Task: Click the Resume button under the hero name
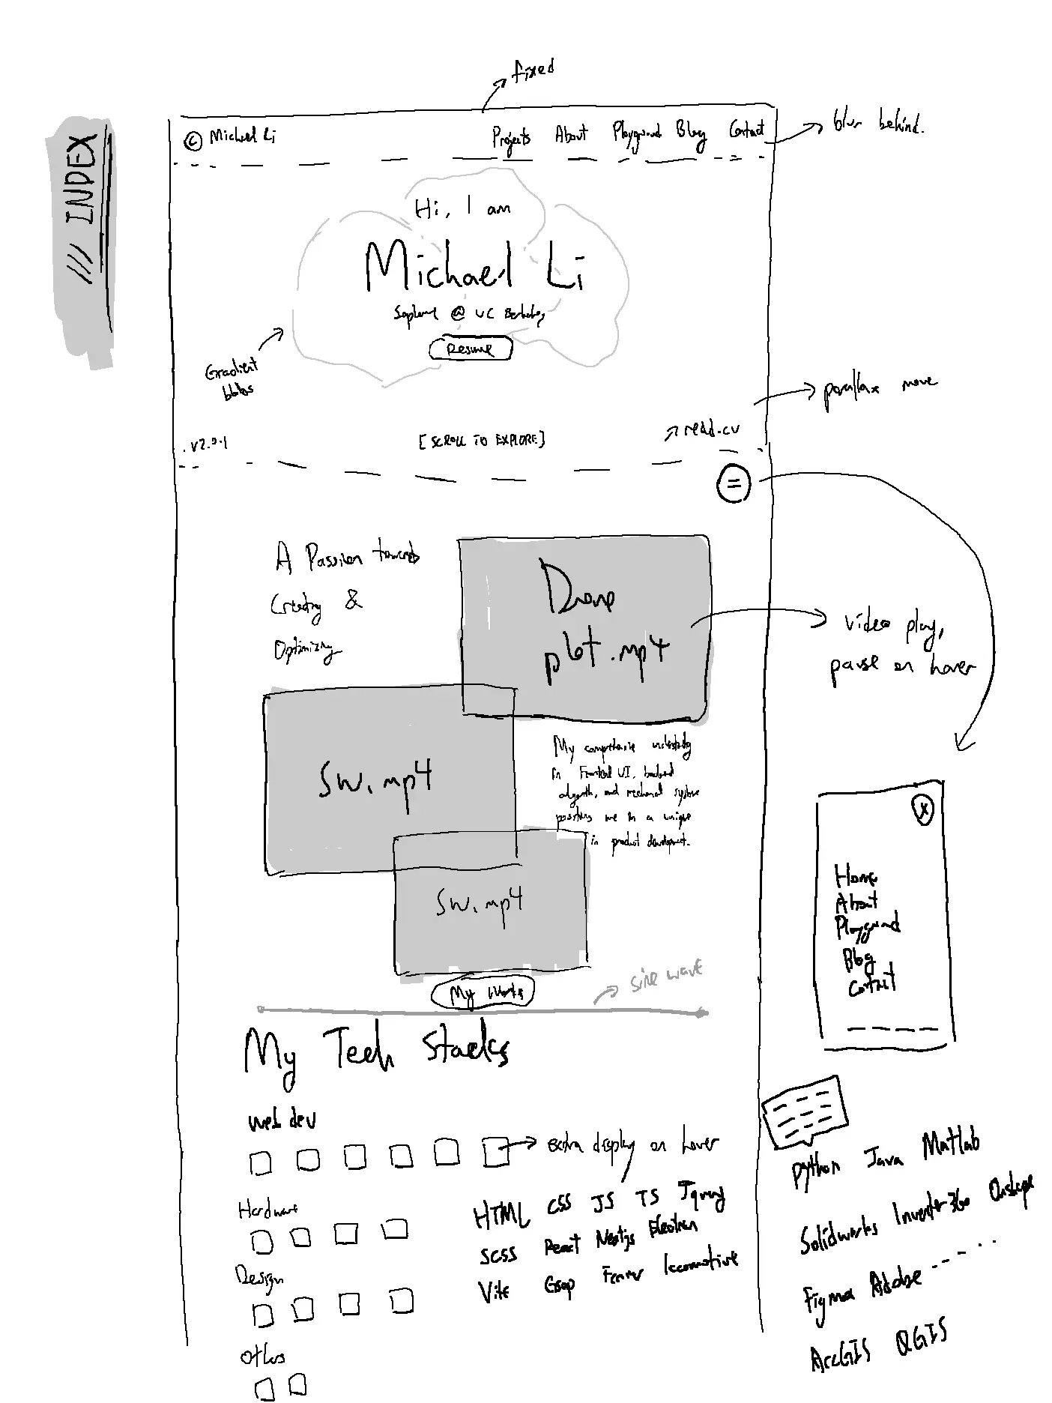(471, 349)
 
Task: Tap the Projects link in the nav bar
(511, 138)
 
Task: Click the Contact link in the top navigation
(746, 130)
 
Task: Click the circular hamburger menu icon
(733, 484)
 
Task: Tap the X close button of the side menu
(923, 809)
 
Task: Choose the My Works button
(483, 993)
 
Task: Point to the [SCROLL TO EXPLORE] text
(482, 440)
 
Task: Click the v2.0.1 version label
(206, 445)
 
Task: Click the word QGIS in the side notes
(921, 1341)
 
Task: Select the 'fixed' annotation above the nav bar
(533, 72)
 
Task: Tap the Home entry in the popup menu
(855, 875)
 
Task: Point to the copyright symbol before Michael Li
(193, 140)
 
